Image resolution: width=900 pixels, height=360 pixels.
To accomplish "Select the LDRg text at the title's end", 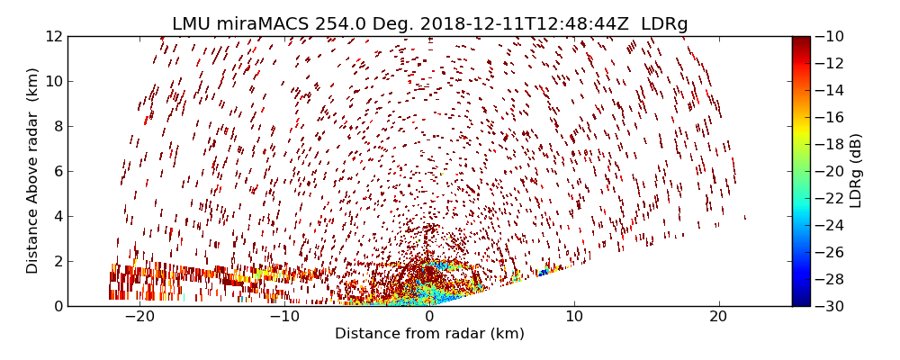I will pyautogui.click(x=664, y=24).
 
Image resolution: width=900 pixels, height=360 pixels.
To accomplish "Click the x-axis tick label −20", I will pyautogui.click(x=139, y=317).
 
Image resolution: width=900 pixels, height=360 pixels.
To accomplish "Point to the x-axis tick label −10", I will pyautogui.click(x=284, y=317).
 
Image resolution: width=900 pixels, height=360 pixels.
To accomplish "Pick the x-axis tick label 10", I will pyautogui.click(x=574, y=317).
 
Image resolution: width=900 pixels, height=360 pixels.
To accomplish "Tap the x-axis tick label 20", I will pyautogui.click(x=718, y=317).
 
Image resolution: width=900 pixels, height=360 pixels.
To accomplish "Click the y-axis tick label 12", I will pyautogui.click(x=52, y=36).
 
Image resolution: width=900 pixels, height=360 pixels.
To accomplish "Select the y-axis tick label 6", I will pyautogui.click(x=56, y=171).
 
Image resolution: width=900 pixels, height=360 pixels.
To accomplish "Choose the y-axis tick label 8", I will pyautogui.click(x=56, y=126).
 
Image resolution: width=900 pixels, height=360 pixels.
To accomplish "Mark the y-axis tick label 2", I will pyautogui.click(x=56, y=261).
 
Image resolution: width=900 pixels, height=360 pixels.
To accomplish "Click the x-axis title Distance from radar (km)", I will pyautogui.click(x=429, y=334).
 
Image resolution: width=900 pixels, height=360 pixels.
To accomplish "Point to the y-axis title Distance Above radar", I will pyautogui.click(x=33, y=171).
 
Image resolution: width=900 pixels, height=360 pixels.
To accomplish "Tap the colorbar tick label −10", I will pyautogui.click(x=831, y=36).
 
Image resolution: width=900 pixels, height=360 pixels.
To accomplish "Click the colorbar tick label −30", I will pyautogui.click(x=831, y=306).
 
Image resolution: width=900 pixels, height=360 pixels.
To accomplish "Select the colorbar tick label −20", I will pyautogui.click(x=831, y=171).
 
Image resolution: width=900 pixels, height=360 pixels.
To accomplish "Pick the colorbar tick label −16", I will pyautogui.click(x=831, y=117).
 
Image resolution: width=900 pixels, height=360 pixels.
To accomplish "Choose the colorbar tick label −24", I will pyautogui.click(x=831, y=225).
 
